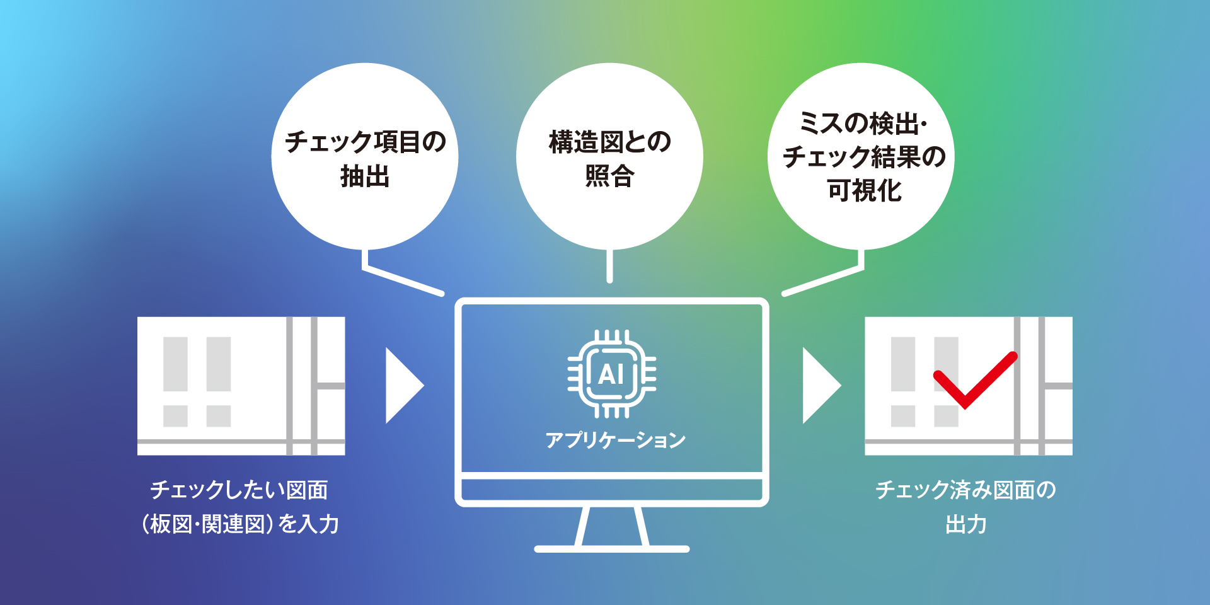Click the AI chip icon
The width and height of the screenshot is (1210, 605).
pos(611,374)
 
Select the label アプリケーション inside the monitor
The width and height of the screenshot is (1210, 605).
pos(616,440)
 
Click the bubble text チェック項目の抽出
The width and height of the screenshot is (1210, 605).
pos(366,159)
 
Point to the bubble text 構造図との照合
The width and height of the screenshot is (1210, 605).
pos(610,159)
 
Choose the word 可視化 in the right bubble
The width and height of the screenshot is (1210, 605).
pos(865,190)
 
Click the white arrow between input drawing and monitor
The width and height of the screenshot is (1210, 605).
pos(405,385)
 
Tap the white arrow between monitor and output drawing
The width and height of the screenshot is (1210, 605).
pos(822,385)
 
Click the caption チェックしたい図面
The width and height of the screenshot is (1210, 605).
pos(239,490)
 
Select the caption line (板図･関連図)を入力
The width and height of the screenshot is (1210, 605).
pos(240,524)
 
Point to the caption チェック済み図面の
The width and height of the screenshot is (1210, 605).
pos(966,490)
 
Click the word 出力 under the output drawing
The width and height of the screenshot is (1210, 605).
pos(966,524)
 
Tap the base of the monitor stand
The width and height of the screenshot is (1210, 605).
pos(612,549)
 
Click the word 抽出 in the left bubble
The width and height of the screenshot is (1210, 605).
pos(366,176)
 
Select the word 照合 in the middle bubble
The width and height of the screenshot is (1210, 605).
pos(610,176)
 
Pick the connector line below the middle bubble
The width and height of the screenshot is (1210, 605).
pos(609,265)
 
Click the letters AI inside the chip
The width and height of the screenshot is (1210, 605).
pos(611,374)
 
